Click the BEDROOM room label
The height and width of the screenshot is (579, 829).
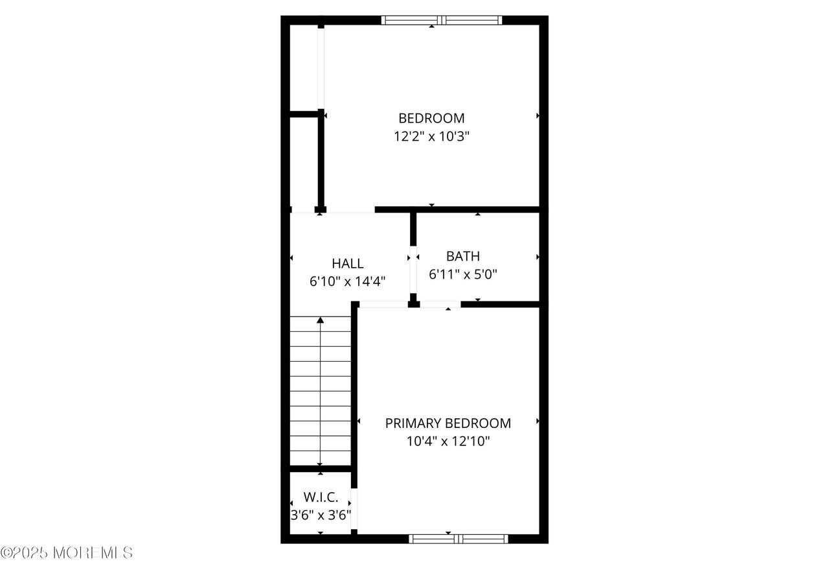pyautogui.click(x=431, y=118)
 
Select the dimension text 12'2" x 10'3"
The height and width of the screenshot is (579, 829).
pyautogui.click(x=431, y=136)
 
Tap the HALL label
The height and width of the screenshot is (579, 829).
pyautogui.click(x=348, y=263)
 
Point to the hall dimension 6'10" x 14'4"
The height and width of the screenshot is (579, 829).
pyautogui.click(x=348, y=281)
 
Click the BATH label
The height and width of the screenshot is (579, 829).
pyautogui.click(x=463, y=256)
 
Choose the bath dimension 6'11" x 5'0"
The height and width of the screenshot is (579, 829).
pyautogui.click(x=463, y=274)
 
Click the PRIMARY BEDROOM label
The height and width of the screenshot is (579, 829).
pyautogui.click(x=448, y=423)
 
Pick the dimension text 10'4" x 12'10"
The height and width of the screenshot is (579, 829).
pyautogui.click(x=448, y=441)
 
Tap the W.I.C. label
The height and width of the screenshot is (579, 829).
pyautogui.click(x=321, y=497)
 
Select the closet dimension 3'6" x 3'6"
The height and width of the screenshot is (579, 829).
pyautogui.click(x=321, y=515)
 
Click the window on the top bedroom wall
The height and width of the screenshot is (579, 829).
pyautogui.click(x=442, y=20)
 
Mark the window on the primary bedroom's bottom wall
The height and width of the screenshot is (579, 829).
pyautogui.click(x=458, y=539)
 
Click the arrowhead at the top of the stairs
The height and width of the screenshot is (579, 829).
pyautogui.click(x=320, y=320)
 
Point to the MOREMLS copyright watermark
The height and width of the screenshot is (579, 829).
pyautogui.click(x=67, y=552)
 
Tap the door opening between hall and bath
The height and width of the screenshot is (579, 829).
pyautogui.click(x=413, y=270)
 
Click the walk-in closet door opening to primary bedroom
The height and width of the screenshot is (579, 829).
pyautogui.click(x=354, y=508)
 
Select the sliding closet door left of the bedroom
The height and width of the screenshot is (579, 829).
pyautogui.click(x=321, y=69)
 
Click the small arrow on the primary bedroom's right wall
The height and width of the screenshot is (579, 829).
pyautogui.click(x=538, y=421)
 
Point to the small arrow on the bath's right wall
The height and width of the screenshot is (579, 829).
pyautogui.click(x=538, y=257)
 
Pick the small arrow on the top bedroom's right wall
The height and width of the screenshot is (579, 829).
pyautogui.click(x=538, y=116)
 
